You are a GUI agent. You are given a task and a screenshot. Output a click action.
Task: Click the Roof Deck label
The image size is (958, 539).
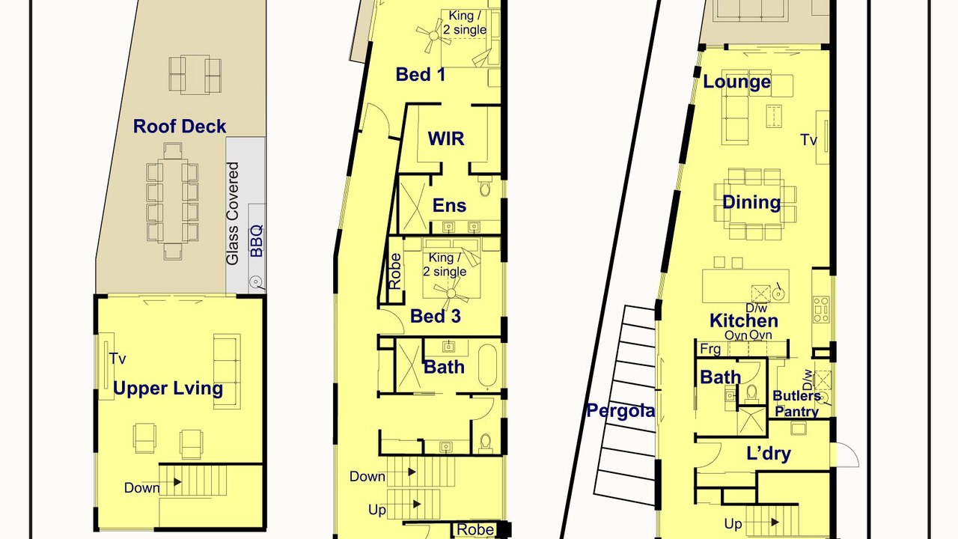(179, 127)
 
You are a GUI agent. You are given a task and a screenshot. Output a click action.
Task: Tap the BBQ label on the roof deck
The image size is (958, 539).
(257, 241)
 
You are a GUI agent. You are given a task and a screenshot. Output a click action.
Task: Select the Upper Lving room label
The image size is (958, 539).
(168, 389)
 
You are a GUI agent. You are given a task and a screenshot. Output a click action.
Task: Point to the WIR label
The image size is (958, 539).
(446, 138)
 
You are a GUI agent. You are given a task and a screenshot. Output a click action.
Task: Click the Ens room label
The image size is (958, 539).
(449, 205)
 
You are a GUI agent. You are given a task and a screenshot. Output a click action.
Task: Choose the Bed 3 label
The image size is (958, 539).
(436, 316)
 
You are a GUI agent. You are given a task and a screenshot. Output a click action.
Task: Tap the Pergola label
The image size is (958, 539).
(620, 411)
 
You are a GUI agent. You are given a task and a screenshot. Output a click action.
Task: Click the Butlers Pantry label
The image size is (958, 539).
(796, 404)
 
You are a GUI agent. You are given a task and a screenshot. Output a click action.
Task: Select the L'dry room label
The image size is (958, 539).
(769, 454)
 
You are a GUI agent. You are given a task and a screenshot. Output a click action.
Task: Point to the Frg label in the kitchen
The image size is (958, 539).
(710, 349)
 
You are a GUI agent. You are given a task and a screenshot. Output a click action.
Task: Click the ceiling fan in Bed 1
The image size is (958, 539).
(433, 36)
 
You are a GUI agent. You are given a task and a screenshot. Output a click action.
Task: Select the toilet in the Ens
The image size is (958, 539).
(484, 187)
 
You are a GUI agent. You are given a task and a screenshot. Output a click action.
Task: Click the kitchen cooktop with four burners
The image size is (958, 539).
(821, 309)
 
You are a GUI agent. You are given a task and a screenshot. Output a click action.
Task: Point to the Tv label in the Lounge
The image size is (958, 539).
(808, 140)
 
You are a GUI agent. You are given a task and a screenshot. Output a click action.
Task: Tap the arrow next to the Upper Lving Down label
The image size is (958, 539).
(177, 482)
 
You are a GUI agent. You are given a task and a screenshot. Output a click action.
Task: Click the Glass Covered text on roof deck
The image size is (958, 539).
(232, 213)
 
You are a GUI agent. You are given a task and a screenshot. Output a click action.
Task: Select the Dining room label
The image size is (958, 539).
(751, 202)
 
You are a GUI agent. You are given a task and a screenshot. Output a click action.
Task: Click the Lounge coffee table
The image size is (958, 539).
(774, 115)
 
